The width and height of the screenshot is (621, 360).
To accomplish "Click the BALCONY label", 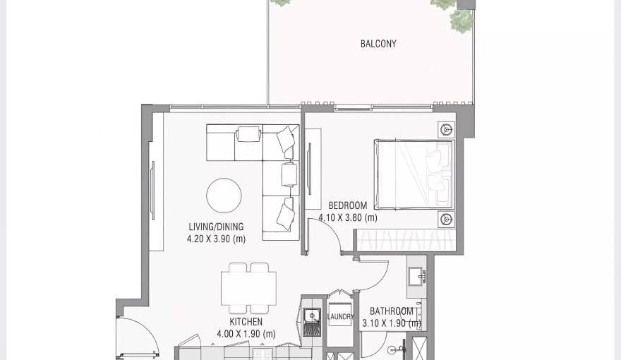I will coord(378,44).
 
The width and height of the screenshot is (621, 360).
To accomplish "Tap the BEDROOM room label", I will coord(348,206).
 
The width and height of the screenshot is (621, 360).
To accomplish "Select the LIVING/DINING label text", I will coord(216,227).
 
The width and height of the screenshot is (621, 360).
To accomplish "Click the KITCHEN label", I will coord(246,321).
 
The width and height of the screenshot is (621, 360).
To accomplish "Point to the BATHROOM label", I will coord(392,311).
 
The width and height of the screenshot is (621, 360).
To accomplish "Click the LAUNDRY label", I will coord(341,317).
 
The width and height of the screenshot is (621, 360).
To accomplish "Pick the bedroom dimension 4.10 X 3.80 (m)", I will coord(348,218).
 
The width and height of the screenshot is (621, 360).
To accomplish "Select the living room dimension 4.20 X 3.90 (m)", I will coord(216,239).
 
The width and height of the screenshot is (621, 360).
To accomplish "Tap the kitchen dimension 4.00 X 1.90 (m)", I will coord(246,334).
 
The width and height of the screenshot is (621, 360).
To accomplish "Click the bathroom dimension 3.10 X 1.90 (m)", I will coord(392,324).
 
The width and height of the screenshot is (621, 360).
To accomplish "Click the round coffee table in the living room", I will coord(224,196).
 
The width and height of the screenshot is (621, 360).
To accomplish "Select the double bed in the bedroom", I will coord(414,174).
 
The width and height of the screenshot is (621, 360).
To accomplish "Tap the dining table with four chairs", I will coord(248,288).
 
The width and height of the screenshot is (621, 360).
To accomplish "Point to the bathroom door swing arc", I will coord(372,275).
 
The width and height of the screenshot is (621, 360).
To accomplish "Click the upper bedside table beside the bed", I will coord(446,130).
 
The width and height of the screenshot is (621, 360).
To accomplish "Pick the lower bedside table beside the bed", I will coord(446,219).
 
